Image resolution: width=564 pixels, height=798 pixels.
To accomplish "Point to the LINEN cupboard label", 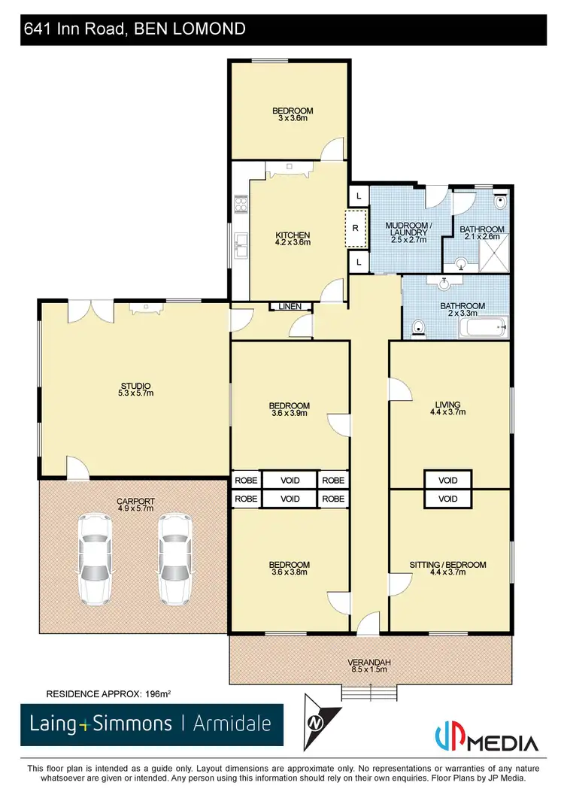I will coord(290,306).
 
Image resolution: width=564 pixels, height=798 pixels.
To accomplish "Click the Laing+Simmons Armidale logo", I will coord(151,724).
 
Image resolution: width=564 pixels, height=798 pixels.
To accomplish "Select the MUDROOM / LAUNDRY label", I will coord(408,233).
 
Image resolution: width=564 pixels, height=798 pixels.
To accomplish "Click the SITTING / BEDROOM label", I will coord(447,568).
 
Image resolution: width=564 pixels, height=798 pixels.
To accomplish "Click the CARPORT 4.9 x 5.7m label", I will coord(135,504).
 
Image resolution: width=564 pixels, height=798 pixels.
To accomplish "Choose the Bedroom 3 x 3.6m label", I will coord(293,114).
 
